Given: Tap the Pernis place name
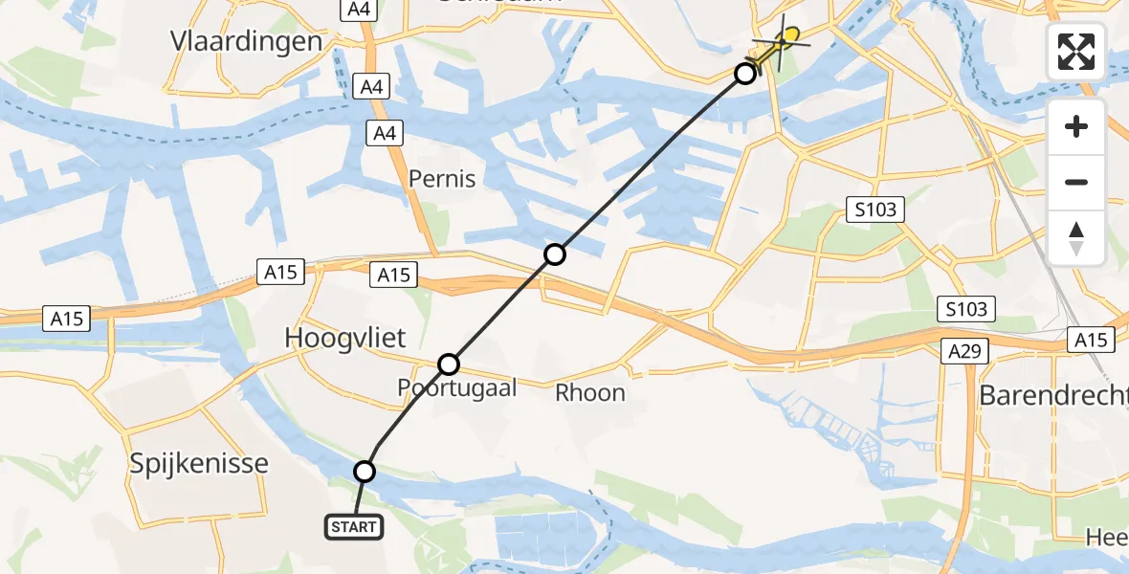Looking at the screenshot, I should click(441, 178).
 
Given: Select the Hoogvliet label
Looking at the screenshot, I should click(345, 338).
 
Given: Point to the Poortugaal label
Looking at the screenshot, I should click(457, 387).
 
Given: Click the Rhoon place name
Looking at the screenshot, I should click(590, 392).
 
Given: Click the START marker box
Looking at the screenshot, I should click(354, 526).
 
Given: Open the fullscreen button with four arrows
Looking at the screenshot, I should click(1076, 52).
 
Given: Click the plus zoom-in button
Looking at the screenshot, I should click(1076, 126).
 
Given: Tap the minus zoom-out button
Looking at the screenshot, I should click(1076, 182).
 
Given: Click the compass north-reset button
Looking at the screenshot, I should click(1076, 238).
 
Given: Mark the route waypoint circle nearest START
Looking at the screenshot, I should click(365, 471).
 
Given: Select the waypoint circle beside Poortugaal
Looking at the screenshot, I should click(449, 364).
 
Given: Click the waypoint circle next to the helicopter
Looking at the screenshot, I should click(744, 73).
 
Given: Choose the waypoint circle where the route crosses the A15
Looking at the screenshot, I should click(555, 254).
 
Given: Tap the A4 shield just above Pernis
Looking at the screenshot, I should click(385, 134).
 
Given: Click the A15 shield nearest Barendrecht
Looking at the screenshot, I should click(1090, 340).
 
